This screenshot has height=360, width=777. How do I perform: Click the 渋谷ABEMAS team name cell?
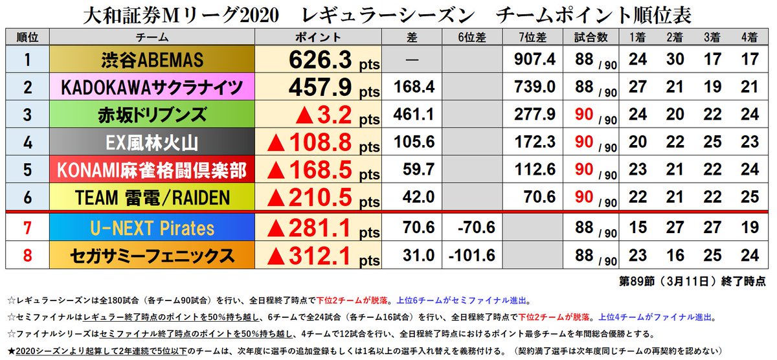click(x=152, y=60)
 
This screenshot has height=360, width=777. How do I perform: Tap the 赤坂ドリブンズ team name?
click(x=152, y=115)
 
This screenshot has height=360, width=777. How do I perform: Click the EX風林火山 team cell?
click(x=152, y=142)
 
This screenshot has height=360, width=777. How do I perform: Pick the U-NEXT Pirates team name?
click(x=152, y=228)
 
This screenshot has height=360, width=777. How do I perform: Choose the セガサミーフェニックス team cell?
click(x=152, y=255)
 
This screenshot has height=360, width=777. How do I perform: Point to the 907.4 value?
click(x=534, y=60)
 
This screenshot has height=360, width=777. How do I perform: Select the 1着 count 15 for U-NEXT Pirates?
click(x=637, y=228)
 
